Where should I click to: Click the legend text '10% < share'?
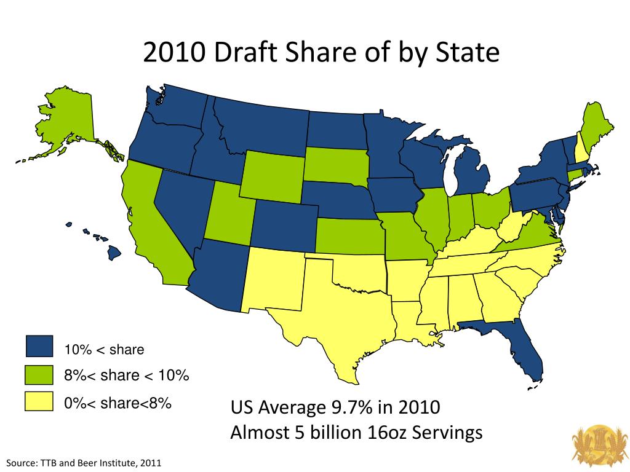[104, 350]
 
